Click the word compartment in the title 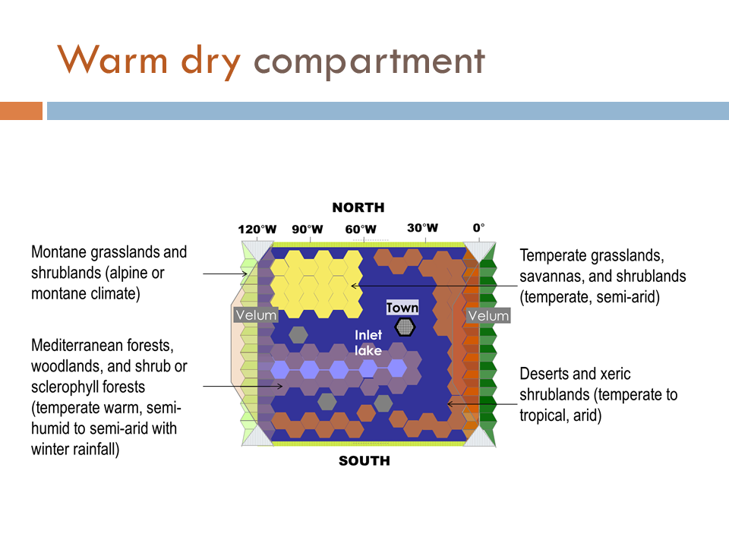pyautogui.click(x=370, y=62)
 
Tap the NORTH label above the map pyautogui.click(x=358, y=207)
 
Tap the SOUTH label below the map pyautogui.click(x=364, y=460)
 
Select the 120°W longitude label pyautogui.click(x=257, y=229)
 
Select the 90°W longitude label pyautogui.click(x=308, y=229)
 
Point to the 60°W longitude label pyautogui.click(x=361, y=229)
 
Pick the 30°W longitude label pyautogui.click(x=423, y=228)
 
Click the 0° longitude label pyautogui.click(x=479, y=228)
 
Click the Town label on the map pyautogui.click(x=402, y=308)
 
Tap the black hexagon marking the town pyautogui.click(x=405, y=327)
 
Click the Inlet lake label pyautogui.click(x=368, y=343)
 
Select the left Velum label pyautogui.click(x=256, y=315)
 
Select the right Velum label pyautogui.click(x=488, y=315)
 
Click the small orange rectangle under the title pyautogui.click(x=21, y=111)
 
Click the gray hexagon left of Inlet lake pyautogui.click(x=298, y=334)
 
